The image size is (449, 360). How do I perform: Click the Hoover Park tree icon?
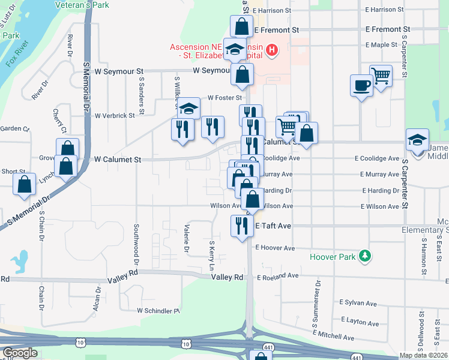click(x=364, y=256)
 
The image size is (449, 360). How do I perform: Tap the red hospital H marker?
click(x=273, y=50)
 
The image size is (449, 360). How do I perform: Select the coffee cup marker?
click(x=361, y=86)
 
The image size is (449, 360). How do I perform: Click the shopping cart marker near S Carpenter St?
click(x=381, y=76)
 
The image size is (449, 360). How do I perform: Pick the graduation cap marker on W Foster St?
click(x=188, y=109)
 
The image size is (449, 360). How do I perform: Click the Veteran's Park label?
click(x=80, y=5)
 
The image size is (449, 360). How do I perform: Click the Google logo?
click(x=20, y=353)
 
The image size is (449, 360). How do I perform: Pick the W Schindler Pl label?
click(x=158, y=311)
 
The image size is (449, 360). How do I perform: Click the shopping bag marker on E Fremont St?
click(x=241, y=27)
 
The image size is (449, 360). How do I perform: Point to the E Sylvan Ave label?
click(x=358, y=302)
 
